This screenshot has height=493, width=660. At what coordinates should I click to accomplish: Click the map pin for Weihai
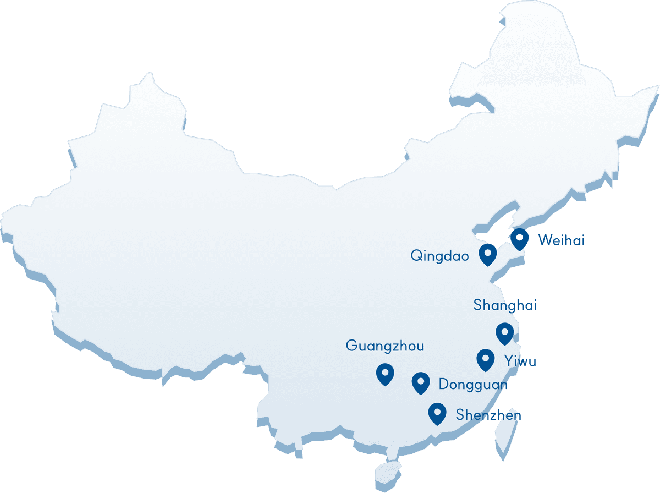pos(519,238)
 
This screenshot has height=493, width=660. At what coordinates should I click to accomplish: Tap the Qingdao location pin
pos(488,254)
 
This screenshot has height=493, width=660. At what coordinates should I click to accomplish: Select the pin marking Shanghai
pos(504,332)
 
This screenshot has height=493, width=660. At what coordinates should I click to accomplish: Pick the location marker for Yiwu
pos(485,359)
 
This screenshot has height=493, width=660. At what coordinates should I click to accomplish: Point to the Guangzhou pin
pos(385,373)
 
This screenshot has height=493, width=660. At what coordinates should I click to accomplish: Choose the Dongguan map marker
pos(421,382)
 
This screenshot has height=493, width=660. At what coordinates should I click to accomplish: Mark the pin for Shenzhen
pos(437,413)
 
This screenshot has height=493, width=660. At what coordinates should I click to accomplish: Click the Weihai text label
pos(561,240)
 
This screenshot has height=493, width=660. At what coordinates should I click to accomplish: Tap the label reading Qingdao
pos(439,256)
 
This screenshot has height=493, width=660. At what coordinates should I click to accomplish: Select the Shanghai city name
pos(505,305)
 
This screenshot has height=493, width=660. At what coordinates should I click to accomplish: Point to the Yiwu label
pos(520,361)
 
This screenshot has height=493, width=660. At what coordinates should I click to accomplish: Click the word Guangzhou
pos(385,346)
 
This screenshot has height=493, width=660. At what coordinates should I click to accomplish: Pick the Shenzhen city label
pos(488,415)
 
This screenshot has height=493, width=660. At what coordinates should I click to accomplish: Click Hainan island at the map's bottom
pos(388,472)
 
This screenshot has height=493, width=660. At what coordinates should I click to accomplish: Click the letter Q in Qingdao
pos(416,256)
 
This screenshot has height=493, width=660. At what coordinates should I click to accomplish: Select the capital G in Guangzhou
pos(351,346)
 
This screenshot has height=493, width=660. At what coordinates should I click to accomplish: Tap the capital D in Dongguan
pos(443,384)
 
